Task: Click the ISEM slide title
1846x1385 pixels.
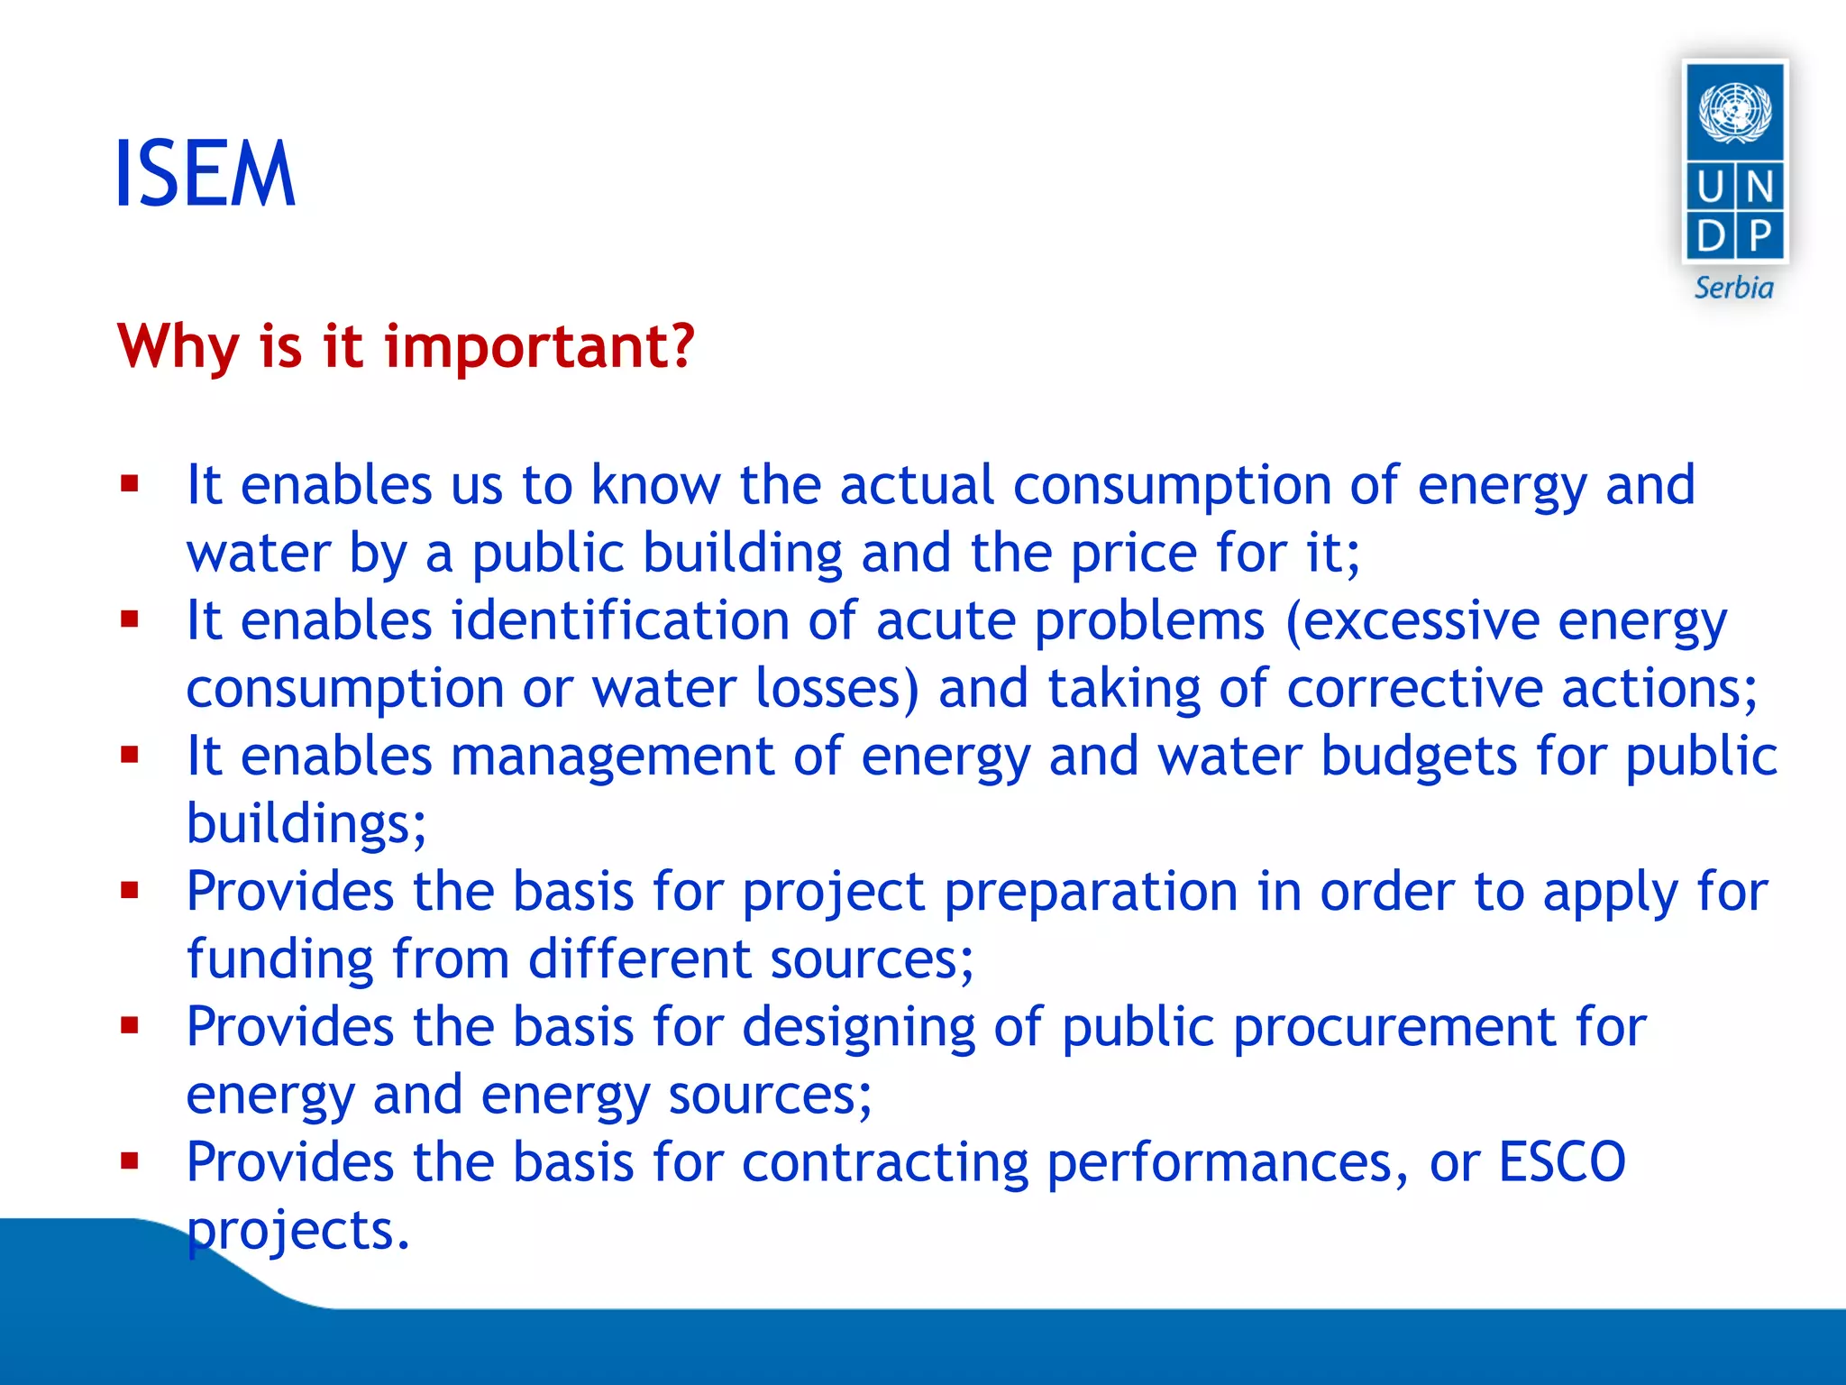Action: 206,174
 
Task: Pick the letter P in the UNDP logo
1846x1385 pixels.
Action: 1759,236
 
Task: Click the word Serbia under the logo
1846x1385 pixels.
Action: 1733,288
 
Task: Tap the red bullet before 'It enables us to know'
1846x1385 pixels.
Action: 130,484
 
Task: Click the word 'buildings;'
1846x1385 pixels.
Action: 306,824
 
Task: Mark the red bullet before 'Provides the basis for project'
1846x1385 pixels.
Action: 130,891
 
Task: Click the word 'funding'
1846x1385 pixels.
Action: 279,958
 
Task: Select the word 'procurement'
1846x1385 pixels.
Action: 1394,1027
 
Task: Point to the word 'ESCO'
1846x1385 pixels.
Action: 1561,1161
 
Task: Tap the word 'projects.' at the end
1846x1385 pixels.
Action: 297,1231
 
